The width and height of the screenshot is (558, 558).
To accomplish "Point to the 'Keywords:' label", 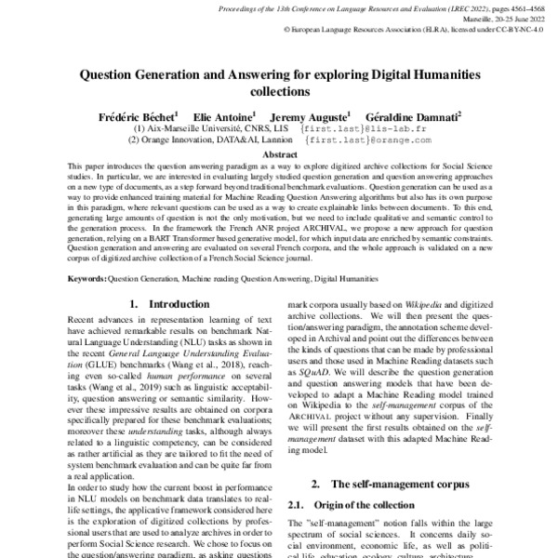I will click(87, 278).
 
